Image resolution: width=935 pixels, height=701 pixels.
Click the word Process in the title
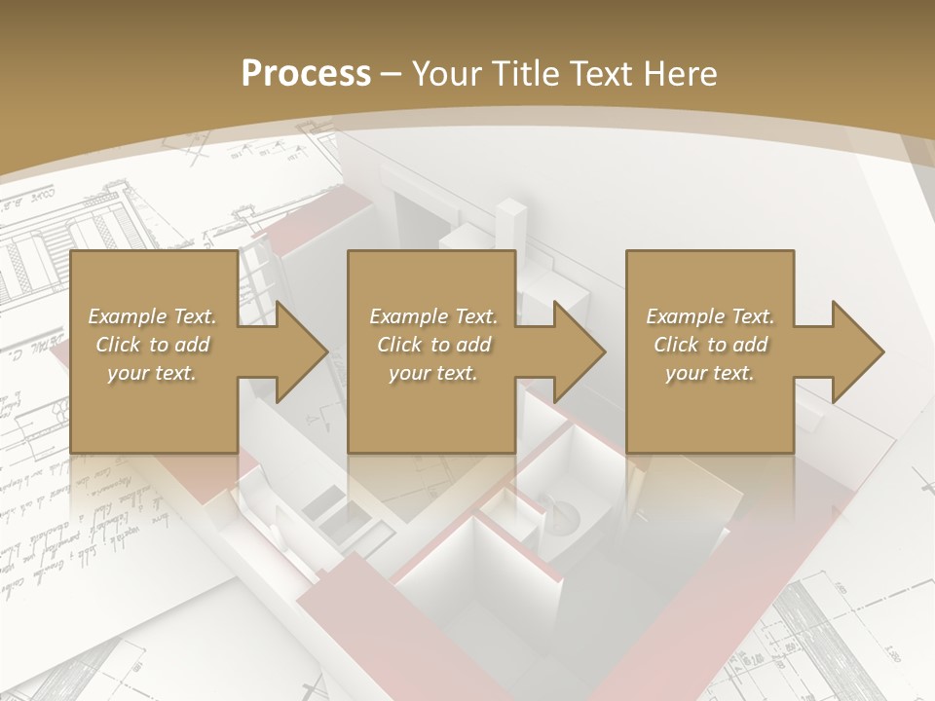pyautogui.click(x=306, y=74)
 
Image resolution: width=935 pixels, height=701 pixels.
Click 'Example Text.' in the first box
pyautogui.click(x=152, y=316)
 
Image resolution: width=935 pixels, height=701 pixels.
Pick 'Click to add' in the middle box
pyautogui.click(x=433, y=345)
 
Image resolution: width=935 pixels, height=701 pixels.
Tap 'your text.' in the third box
pyautogui.click(x=710, y=373)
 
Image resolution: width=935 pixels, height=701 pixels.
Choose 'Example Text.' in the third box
pyautogui.click(x=710, y=316)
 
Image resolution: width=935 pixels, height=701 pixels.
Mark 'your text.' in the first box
pyautogui.click(x=152, y=373)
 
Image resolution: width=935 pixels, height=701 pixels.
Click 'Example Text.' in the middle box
pyautogui.click(x=433, y=316)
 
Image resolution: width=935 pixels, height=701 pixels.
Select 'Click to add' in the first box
pyautogui.click(x=152, y=345)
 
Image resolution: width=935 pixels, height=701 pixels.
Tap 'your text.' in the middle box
pyautogui.click(x=433, y=373)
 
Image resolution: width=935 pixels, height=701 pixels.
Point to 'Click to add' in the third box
pyautogui.click(x=710, y=345)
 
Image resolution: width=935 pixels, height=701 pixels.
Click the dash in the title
pyautogui.click(x=392, y=75)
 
